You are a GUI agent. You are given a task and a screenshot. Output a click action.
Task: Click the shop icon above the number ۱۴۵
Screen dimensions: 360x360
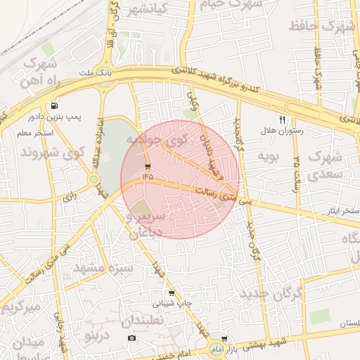[x=147, y=166]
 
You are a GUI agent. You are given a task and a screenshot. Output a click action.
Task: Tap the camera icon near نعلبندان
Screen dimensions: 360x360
[x=131, y=338]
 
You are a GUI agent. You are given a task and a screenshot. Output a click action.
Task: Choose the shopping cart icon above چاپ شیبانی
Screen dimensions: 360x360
[x=171, y=293]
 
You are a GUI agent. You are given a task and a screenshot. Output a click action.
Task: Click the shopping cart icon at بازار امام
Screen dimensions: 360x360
[x=224, y=340]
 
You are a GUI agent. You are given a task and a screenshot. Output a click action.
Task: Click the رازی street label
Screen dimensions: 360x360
[x=69, y=197]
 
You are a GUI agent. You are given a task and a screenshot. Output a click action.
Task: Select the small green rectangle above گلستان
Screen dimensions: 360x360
[x=320, y=316]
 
